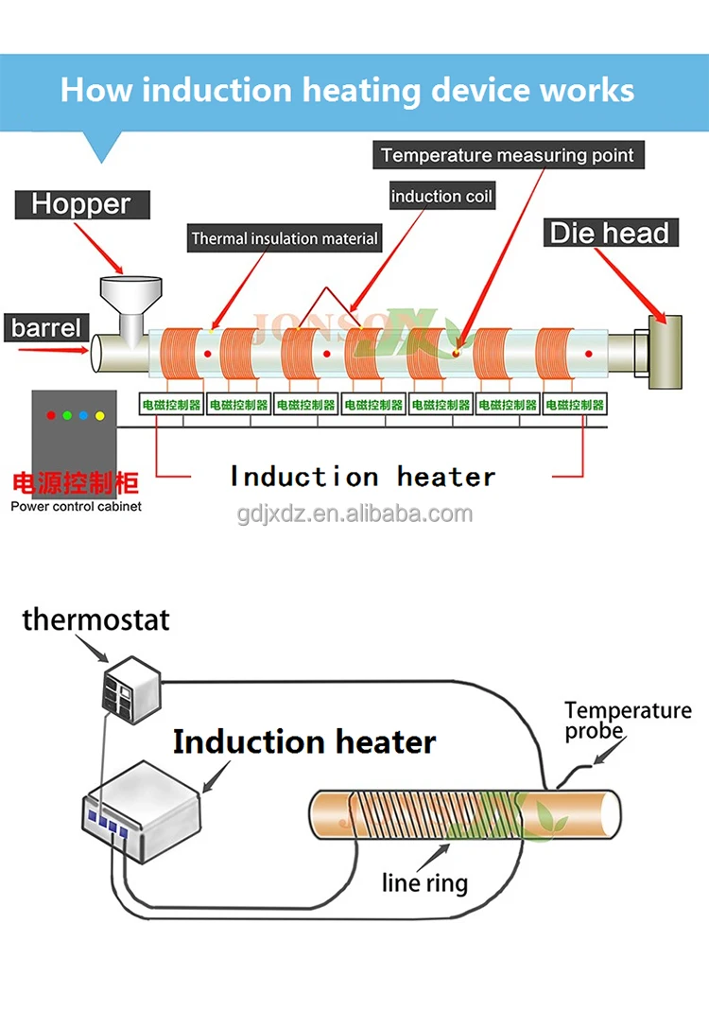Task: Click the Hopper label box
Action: pyautogui.click(x=80, y=203)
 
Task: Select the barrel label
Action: pyautogui.click(x=46, y=329)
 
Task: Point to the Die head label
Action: pyautogui.click(x=610, y=233)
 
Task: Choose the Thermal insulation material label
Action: pyautogui.click(x=285, y=238)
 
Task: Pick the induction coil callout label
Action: pyautogui.click(x=441, y=197)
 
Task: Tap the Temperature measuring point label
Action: pyautogui.click(x=507, y=155)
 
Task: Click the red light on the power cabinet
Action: pyautogui.click(x=49, y=415)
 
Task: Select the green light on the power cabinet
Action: pyautogui.click(x=65, y=415)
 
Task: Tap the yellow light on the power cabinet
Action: pyautogui.click(x=99, y=415)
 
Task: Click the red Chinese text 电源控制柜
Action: pyautogui.click(x=75, y=484)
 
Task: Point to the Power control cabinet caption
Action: pyautogui.click(x=75, y=507)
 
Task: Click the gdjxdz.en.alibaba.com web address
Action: pyautogui.click(x=354, y=514)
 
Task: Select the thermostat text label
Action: pyautogui.click(x=96, y=619)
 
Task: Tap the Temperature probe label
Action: pyautogui.click(x=628, y=721)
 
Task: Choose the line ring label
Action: pyautogui.click(x=424, y=883)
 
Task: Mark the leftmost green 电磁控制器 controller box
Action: pyautogui.click(x=171, y=405)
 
